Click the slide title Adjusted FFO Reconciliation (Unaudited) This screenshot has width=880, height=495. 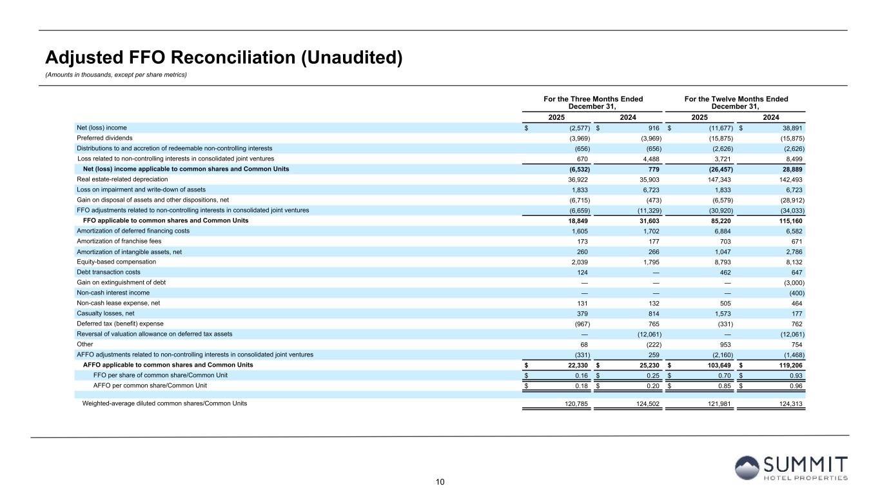[224, 58]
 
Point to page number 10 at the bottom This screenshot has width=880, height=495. [440, 481]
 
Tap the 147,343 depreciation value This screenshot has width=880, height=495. [719, 179]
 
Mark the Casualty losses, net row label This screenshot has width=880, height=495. [106, 313]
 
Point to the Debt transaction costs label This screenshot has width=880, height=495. [108, 272]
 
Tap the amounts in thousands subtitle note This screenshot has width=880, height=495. [116, 75]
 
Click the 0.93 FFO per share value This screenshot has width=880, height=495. [797, 375]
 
